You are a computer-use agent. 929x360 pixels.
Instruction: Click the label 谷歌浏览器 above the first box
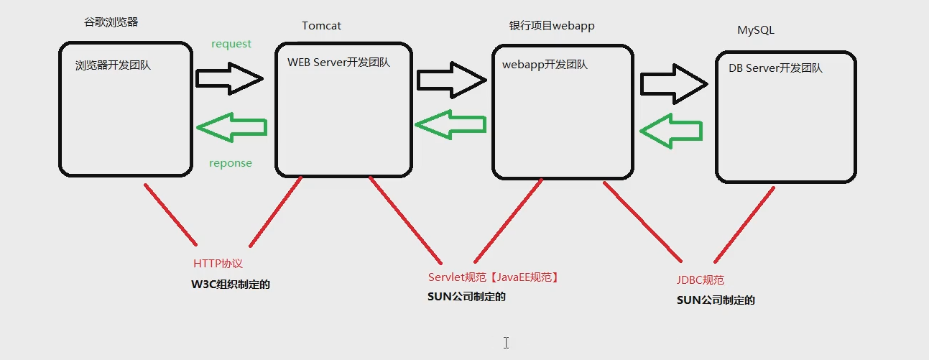111,22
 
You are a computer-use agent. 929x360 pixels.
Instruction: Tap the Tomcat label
321,26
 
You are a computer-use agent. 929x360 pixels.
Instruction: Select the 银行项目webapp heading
551,26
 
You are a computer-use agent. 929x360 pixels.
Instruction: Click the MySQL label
756,30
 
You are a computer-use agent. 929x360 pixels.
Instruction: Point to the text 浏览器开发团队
113,65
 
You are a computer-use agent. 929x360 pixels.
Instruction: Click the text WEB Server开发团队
338,63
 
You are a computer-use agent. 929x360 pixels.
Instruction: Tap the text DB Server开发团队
775,68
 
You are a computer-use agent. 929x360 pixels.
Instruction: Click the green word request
231,44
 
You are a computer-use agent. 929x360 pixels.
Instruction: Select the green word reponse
231,163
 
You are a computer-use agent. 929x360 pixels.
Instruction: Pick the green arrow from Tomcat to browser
231,127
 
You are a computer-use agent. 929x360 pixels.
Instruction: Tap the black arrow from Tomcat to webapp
451,80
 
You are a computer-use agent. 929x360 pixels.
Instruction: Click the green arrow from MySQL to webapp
670,131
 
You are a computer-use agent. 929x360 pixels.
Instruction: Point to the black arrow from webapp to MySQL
674,83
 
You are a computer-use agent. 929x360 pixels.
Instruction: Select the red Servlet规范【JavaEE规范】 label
493,277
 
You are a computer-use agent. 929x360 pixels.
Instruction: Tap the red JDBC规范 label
705,280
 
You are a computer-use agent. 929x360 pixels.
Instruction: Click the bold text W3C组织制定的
230,285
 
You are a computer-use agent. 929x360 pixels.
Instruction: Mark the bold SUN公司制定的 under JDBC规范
716,300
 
